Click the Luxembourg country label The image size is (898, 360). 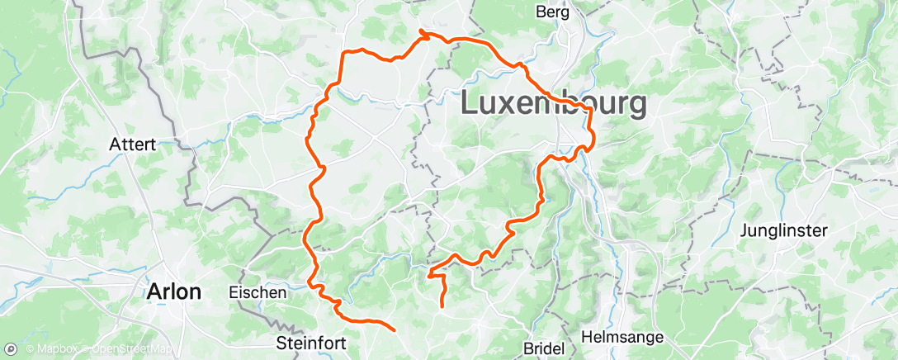[x=553, y=104]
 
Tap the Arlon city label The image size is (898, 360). [x=173, y=291]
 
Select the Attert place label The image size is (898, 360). [x=132, y=144]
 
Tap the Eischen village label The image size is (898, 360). [x=258, y=292]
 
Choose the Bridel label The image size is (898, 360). [x=545, y=348]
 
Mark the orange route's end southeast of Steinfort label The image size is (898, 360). [x=395, y=330]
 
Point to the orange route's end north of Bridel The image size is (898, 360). [x=442, y=307]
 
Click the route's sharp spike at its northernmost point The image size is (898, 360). [x=421, y=31]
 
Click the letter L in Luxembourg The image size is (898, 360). [x=468, y=104]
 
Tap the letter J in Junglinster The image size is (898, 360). [x=745, y=230]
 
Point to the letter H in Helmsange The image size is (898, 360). [x=587, y=337]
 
